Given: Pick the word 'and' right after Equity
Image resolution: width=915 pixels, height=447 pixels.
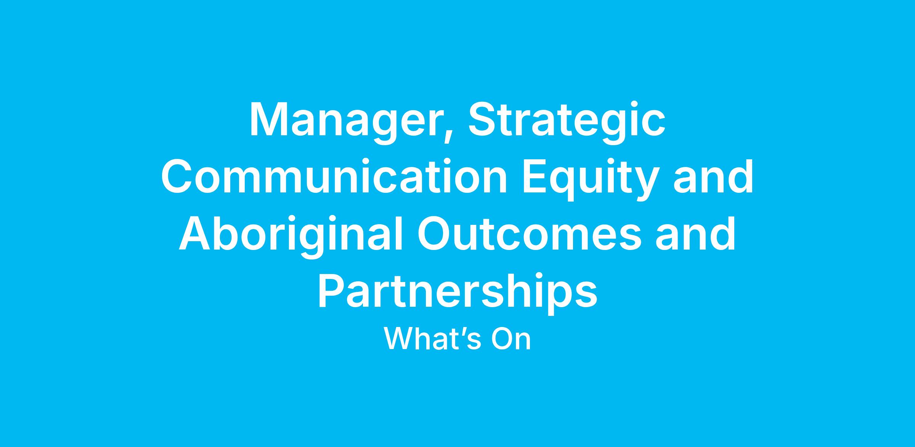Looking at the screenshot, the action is click(x=713, y=177).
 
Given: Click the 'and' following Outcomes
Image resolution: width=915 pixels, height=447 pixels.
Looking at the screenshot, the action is click(x=695, y=234).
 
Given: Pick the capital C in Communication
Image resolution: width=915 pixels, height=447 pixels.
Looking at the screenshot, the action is click(x=178, y=177).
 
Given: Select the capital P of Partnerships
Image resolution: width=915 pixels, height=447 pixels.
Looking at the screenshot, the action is click(x=333, y=291).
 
